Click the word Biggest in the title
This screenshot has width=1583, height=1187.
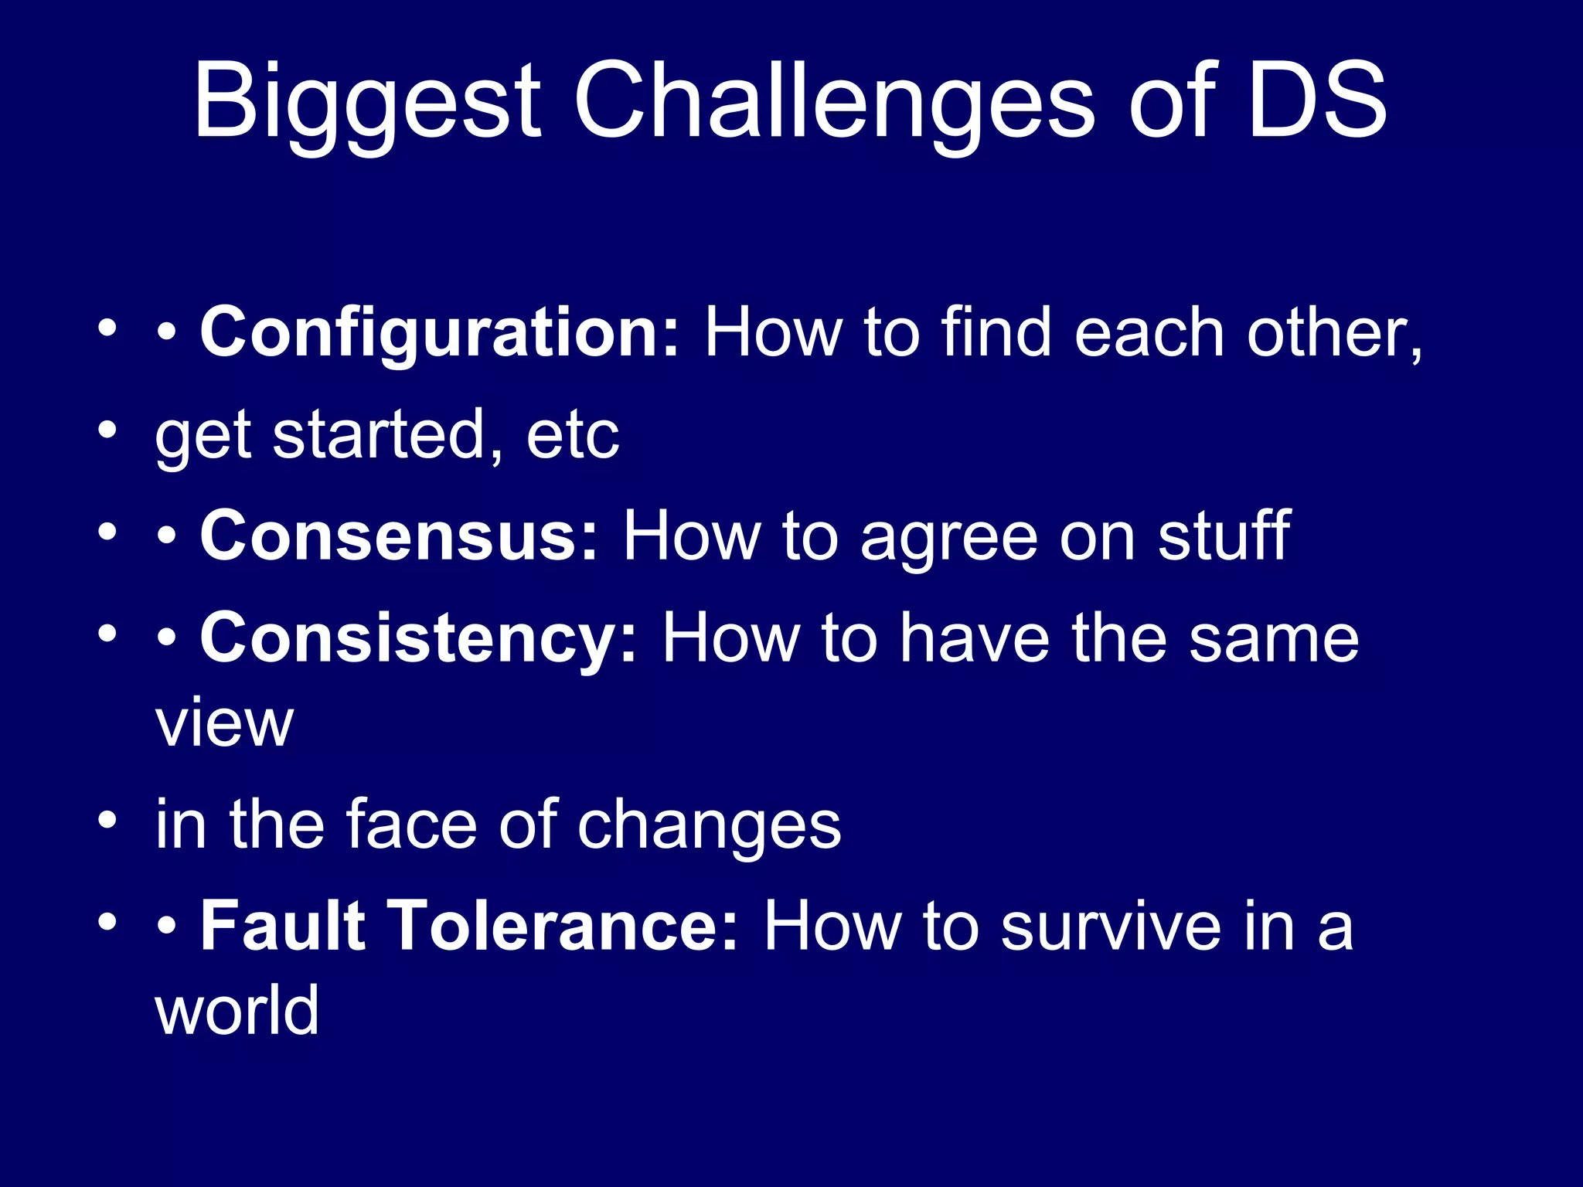367,104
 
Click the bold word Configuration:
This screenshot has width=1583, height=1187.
439,334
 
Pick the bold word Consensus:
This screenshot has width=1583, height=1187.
399,536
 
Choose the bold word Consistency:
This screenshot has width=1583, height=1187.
418,639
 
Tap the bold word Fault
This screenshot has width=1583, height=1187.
282,927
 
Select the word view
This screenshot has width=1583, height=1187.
224,724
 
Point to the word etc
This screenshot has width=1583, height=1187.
572,437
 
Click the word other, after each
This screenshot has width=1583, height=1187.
1334,334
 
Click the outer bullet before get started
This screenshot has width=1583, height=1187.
107,430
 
